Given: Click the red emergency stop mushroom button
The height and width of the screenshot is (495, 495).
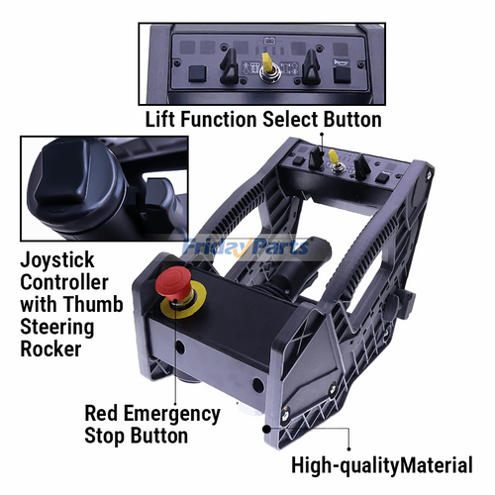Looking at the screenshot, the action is tap(172, 283).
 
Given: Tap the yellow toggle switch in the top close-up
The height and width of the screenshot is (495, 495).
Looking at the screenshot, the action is tap(266, 62).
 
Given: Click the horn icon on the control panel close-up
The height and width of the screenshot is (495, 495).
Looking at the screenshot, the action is tap(339, 62).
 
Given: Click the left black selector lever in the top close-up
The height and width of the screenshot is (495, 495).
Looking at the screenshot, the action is tap(230, 66).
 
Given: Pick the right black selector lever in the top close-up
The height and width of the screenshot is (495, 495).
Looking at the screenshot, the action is tap(311, 66).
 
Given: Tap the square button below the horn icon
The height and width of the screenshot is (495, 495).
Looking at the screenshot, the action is tap(342, 74).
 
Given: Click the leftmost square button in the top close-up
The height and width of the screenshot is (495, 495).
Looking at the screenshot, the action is tap(197, 74).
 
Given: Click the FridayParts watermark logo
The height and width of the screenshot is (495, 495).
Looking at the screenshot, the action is tap(246, 247).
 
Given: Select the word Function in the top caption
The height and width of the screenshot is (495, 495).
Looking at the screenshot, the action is tap(219, 119).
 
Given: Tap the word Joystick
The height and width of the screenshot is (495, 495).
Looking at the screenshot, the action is tap(57, 260).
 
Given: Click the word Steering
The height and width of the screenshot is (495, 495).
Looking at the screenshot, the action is tap(57, 328).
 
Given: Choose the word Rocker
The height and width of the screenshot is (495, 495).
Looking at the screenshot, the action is tap(50, 348).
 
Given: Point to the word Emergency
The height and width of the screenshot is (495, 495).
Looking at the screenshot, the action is tap(171, 414).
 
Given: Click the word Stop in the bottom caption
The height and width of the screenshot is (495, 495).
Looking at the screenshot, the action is tap(105, 436).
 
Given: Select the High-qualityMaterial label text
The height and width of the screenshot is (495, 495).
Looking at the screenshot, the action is tap(382, 465).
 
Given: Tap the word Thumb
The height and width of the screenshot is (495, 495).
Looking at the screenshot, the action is tap(93, 304).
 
